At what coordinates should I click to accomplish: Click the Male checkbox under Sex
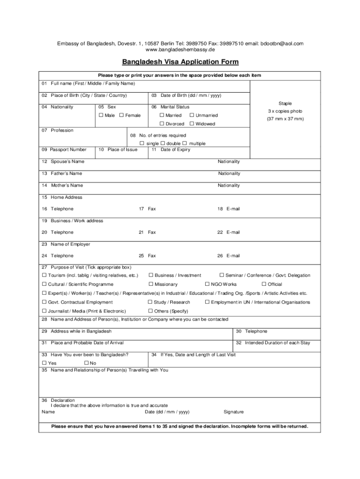tap(101, 116)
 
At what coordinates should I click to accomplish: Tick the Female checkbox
tap(122, 116)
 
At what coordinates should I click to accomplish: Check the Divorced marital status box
tap(162, 124)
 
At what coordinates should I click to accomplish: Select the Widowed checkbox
tap(192, 124)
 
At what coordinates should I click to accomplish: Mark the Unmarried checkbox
tap(192, 116)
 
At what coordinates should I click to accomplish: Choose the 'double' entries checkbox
tap(163, 143)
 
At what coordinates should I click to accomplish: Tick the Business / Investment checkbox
tap(151, 276)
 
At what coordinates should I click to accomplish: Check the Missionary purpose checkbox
tap(151, 284)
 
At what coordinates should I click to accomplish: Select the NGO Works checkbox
tap(207, 284)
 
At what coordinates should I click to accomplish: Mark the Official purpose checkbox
tap(264, 284)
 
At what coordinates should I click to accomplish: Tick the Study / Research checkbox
tap(150, 302)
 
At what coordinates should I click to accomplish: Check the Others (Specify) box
tap(150, 311)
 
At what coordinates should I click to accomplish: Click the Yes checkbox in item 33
tap(44, 363)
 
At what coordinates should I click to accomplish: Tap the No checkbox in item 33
tap(86, 363)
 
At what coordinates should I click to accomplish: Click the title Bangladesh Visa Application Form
tap(180, 62)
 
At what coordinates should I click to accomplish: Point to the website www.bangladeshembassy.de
tap(180, 50)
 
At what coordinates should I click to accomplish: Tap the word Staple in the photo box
tap(285, 103)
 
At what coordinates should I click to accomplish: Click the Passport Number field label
tap(64, 150)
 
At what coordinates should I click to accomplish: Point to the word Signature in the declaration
tap(234, 412)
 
